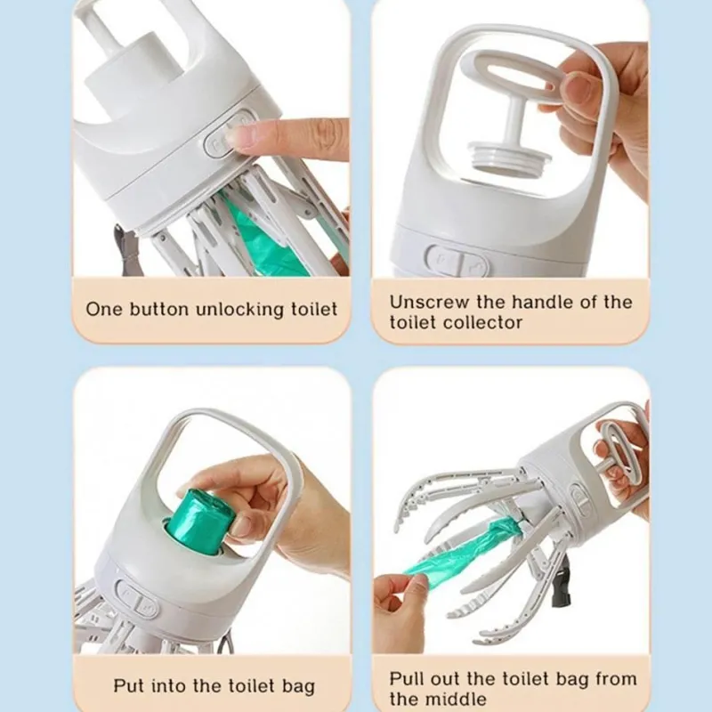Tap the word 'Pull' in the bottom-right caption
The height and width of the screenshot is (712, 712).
[x=407, y=679]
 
